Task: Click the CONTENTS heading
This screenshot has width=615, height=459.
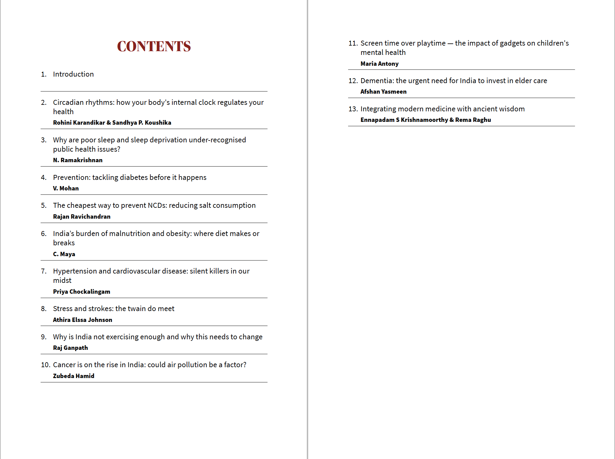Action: (x=154, y=47)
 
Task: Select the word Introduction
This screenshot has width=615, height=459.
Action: (x=73, y=74)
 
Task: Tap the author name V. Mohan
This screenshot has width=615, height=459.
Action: (x=66, y=188)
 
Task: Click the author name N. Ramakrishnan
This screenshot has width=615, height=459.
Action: (x=77, y=160)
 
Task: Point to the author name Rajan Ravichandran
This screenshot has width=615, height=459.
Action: (x=82, y=216)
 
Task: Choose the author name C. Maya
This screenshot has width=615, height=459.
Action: (x=64, y=254)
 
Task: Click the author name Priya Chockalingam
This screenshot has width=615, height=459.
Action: (x=82, y=292)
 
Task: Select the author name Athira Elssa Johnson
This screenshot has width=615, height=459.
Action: (x=82, y=320)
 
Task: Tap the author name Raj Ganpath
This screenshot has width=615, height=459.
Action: (x=70, y=348)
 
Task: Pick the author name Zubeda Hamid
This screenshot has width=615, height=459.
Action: (x=73, y=376)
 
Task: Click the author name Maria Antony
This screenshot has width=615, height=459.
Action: (x=379, y=64)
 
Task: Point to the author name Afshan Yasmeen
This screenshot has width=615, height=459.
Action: (x=383, y=91)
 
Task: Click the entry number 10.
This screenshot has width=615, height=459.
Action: (x=45, y=365)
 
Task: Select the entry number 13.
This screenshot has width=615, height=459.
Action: (x=353, y=109)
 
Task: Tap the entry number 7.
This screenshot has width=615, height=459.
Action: (x=44, y=271)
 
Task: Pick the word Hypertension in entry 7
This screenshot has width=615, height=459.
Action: (x=75, y=271)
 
